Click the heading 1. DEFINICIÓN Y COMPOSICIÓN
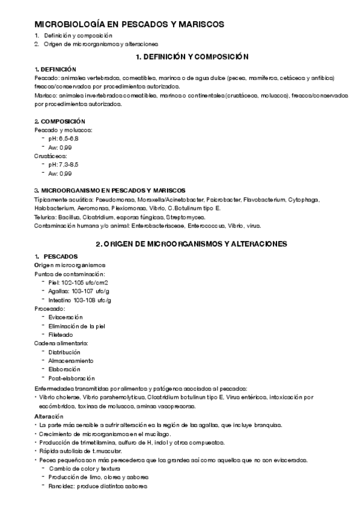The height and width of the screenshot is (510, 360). tap(192, 57)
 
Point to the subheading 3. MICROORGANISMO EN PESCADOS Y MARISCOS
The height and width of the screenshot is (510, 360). tap(109, 190)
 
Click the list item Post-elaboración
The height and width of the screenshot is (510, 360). tap(72, 378)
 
